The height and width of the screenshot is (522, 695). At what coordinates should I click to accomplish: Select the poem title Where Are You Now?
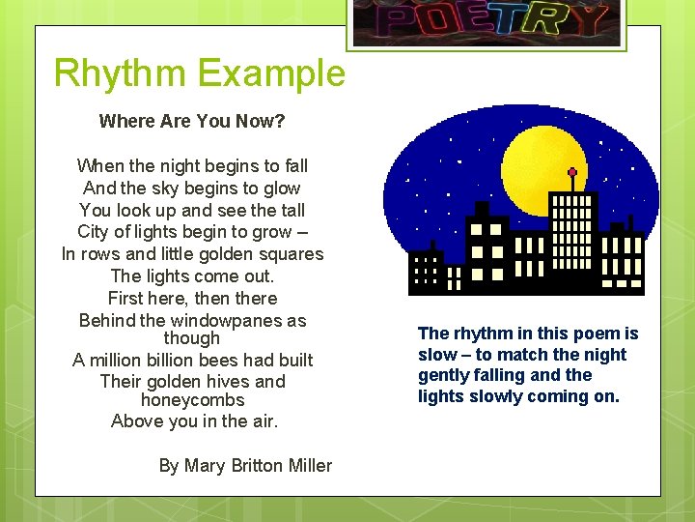pyautogui.click(x=192, y=122)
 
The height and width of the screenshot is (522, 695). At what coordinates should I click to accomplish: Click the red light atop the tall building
pyautogui.click(x=571, y=174)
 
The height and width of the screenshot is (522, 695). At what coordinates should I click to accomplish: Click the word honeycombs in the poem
pyautogui.click(x=192, y=400)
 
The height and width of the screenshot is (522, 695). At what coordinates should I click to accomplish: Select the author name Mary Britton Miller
pyautogui.click(x=258, y=466)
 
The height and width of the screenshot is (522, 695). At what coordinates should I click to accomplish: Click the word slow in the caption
pyautogui.click(x=436, y=355)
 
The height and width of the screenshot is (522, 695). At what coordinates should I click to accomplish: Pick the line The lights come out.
pyautogui.click(x=192, y=276)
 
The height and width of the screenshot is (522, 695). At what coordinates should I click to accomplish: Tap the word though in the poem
pyautogui.click(x=192, y=338)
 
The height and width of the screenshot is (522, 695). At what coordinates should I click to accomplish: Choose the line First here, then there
pyautogui.click(x=192, y=299)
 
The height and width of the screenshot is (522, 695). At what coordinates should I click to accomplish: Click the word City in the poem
pyautogui.click(x=93, y=232)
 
